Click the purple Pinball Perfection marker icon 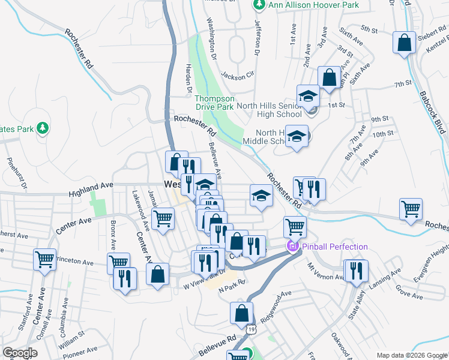(x=293, y=247)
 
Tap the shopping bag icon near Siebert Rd (x=404, y=43)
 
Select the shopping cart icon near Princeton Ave (x=44, y=260)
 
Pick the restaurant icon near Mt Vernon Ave (x=356, y=271)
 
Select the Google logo (x=20, y=353)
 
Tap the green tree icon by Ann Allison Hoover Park (x=259, y=5)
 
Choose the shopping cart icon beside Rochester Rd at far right (x=411, y=209)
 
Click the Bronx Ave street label (x=112, y=235)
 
